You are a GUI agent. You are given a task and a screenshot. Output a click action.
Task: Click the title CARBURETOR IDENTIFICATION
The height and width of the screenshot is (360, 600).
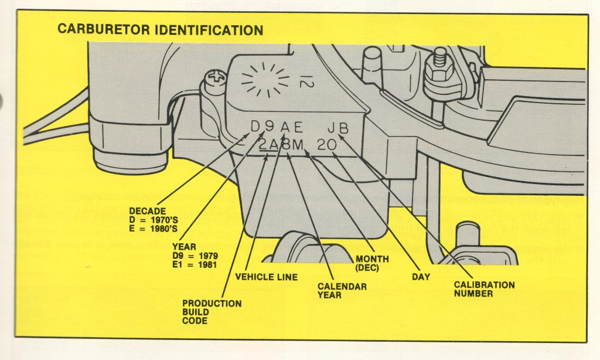(159, 30)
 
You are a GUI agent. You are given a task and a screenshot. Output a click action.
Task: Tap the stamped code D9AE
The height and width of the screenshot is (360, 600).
(277, 127)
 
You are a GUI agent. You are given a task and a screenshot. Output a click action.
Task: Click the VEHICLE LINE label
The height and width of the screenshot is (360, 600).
(265, 277)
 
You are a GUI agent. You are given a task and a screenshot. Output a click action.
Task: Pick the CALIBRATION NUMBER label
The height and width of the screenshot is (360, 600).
(483, 289)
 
